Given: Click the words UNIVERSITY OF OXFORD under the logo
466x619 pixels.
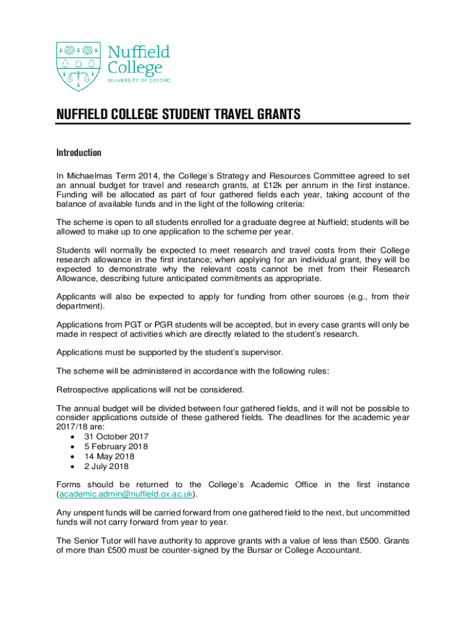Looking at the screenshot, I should click(x=139, y=80).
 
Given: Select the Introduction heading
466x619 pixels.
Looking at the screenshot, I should click(x=79, y=152).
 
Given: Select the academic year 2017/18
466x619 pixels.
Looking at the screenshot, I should click(x=72, y=427).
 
